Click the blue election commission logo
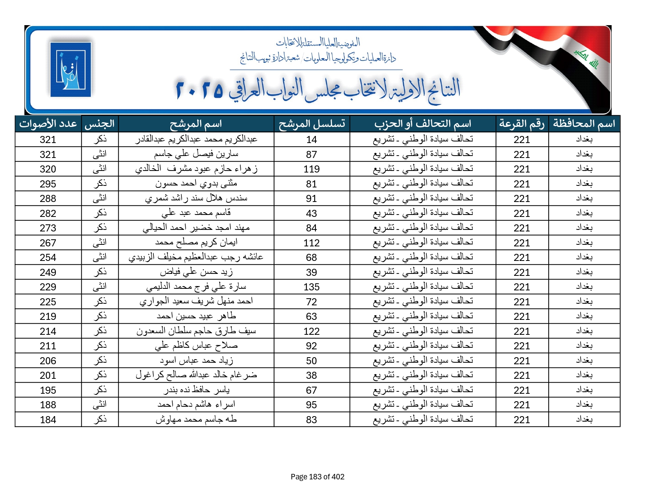(x=71, y=70)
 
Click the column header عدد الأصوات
(x=48, y=124)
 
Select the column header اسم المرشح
(x=196, y=124)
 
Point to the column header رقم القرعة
(x=522, y=124)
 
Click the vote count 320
(x=48, y=169)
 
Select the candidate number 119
(x=312, y=169)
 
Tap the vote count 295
(x=48, y=184)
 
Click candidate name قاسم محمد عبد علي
(x=196, y=213)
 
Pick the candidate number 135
(x=312, y=287)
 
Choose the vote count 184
(x=48, y=420)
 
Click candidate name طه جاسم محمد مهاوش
(x=196, y=419)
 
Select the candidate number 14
(x=312, y=139)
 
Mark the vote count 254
(x=48, y=257)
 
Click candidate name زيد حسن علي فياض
(x=196, y=272)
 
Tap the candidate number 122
(x=312, y=331)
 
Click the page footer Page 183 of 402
(x=317, y=477)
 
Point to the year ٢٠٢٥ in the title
(x=200, y=90)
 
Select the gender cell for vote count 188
(x=100, y=405)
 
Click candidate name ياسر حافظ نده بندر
(x=196, y=390)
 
